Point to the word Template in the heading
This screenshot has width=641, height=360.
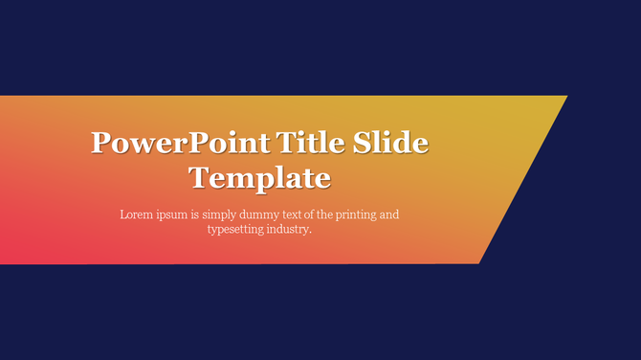[x=259, y=178]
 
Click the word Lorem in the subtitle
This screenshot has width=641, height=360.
[x=136, y=214]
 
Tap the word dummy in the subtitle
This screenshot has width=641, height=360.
[x=267, y=215]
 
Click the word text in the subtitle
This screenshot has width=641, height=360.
[x=302, y=214]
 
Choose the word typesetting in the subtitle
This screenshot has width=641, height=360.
[x=236, y=231]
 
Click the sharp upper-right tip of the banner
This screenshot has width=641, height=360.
[x=566, y=97]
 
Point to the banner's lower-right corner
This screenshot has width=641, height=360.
[x=478, y=261]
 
